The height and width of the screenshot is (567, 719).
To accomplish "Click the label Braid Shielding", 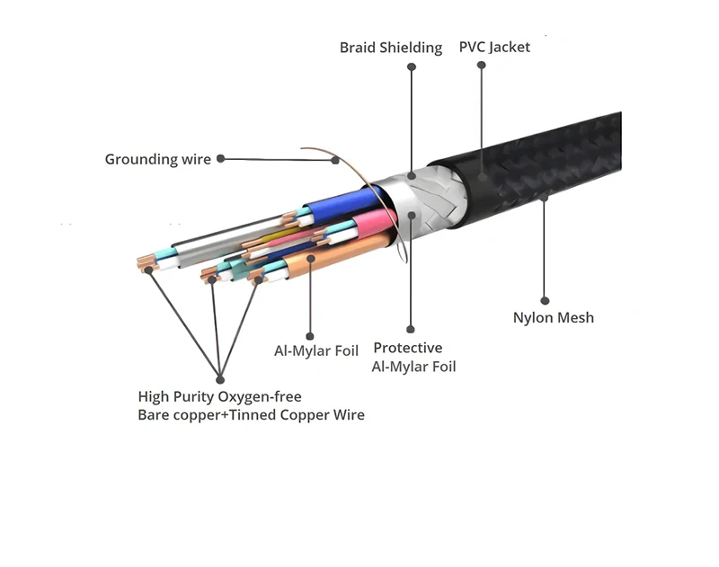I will click(390, 48).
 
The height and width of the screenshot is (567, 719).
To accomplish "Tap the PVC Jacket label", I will click(494, 47).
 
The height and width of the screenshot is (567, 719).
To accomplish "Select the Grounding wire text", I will click(157, 160).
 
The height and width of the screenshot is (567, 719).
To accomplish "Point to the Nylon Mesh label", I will click(553, 317).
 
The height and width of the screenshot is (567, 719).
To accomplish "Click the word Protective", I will click(407, 348).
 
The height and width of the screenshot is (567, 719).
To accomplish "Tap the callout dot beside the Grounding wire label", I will click(220, 159).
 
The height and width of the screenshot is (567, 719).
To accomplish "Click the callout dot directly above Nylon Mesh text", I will click(545, 300).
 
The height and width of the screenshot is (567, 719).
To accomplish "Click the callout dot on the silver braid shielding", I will click(412, 175).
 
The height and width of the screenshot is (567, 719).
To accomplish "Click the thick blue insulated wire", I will click(342, 199).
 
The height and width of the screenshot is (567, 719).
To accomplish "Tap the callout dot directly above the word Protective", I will click(411, 330).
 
